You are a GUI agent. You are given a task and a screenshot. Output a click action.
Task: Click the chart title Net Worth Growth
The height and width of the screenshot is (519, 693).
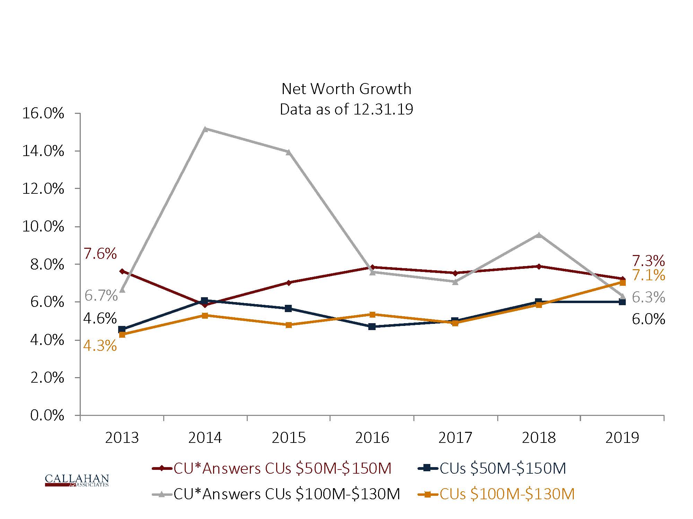click(346, 89)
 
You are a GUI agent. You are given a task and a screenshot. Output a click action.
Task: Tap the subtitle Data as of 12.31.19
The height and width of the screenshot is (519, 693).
click(346, 109)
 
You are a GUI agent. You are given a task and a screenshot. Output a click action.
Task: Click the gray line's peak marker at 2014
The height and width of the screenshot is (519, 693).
click(205, 129)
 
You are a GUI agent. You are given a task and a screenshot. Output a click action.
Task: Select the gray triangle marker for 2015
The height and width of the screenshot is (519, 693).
click(288, 152)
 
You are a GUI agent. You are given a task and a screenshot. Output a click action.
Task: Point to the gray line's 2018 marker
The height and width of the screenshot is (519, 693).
click(538, 235)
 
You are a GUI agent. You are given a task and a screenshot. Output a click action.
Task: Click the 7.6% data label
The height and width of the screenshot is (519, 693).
click(100, 254)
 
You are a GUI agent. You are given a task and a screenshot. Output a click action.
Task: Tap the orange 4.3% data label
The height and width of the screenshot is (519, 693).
click(100, 346)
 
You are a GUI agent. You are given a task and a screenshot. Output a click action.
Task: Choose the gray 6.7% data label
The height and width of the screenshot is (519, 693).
click(101, 296)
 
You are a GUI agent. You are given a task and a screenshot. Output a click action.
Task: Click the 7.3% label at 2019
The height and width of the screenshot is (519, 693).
click(648, 261)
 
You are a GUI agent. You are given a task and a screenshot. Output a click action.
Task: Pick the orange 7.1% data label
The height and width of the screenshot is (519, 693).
click(648, 275)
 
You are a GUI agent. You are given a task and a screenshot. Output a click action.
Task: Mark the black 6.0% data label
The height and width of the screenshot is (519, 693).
click(648, 319)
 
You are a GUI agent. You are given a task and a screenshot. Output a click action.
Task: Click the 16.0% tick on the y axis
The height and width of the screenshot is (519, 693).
click(43, 113)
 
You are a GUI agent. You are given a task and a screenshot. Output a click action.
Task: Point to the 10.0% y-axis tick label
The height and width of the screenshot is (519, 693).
click(43, 227)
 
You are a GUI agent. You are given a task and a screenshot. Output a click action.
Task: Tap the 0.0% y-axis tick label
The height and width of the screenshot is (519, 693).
click(47, 415)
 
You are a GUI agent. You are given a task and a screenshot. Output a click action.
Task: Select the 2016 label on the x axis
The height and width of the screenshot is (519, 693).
click(372, 438)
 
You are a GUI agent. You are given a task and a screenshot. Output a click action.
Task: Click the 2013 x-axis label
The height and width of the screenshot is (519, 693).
click(122, 438)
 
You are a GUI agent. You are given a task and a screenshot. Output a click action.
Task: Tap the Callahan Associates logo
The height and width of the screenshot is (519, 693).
click(77, 480)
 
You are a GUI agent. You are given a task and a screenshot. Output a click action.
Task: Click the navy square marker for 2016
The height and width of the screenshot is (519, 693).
click(372, 326)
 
